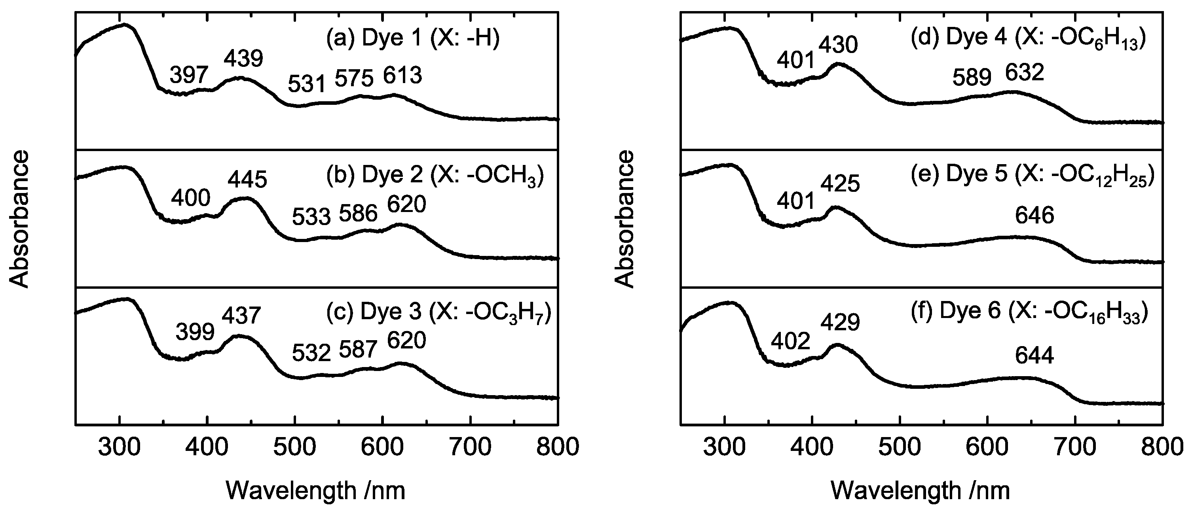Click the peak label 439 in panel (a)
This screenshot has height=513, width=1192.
(x=243, y=59)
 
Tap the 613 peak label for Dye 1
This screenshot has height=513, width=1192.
(x=402, y=76)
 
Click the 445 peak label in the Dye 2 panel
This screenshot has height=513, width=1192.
(x=247, y=180)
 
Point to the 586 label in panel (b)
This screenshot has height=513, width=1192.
(x=358, y=214)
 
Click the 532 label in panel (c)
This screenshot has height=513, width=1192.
(x=311, y=354)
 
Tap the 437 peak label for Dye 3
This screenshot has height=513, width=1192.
(x=241, y=316)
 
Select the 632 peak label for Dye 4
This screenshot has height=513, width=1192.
(x=1025, y=73)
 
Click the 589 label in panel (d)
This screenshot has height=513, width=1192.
(x=972, y=77)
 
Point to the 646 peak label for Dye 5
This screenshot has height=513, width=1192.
(x=1034, y=216)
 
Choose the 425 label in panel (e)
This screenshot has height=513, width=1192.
(x=840, y=184)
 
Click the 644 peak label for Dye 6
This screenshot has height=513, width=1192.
(x=1034, y=356)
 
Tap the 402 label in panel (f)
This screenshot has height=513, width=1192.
(x=790, y=341)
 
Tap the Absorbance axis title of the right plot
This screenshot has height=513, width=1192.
(x=625, y=218)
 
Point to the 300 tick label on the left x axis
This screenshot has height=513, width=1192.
(x=120, y=448)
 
